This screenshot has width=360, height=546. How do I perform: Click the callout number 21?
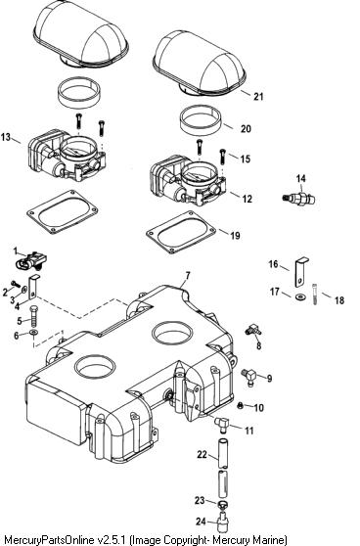(258, 96)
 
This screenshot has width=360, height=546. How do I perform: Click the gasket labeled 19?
(181, 232)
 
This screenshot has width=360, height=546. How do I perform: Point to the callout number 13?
(6, 137)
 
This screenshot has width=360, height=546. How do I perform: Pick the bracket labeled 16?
(300, 272)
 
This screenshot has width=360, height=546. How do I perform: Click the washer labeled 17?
(299, 297)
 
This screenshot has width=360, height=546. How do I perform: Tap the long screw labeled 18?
(315, 295)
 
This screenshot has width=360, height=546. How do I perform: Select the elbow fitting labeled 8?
(252, 329)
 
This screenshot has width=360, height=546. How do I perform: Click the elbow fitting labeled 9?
(249, 376)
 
